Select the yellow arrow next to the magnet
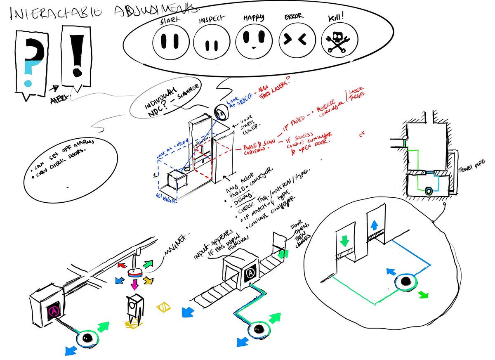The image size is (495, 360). (x=146, y=281)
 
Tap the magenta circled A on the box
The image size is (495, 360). (x=54, y=310)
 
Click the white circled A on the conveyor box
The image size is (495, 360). (x=250, y=273)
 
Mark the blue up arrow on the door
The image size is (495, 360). (x=374, y=225)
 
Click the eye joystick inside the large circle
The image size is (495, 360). (x=405, y=282)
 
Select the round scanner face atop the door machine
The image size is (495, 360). (x=222, y=111)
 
